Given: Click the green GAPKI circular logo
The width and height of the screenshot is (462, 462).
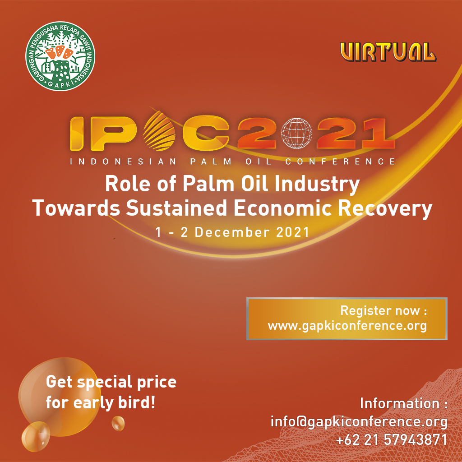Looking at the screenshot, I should coord(60,56).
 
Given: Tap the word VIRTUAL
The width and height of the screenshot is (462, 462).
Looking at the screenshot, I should coord(388,52).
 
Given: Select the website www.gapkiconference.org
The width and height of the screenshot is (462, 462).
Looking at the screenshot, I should coord(347,326).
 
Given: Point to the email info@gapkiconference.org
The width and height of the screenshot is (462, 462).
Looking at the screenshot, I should coord(359,422).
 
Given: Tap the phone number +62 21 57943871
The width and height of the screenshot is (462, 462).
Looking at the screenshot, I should coord(392,439).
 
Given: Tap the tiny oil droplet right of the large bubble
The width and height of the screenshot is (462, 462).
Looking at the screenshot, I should coord(118,423).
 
